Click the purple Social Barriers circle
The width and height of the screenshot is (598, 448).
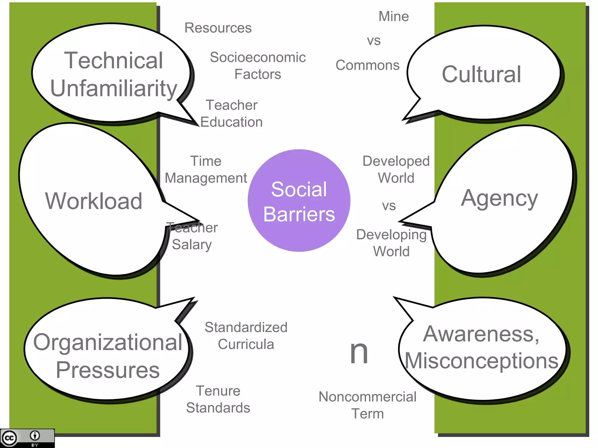tap(299, 201)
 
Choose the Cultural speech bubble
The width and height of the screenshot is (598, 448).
tap(482, 74)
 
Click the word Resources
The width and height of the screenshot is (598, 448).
tap(218, 28)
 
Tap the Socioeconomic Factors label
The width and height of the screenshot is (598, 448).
tap(258, 66)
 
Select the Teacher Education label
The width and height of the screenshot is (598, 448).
tap(232, 113)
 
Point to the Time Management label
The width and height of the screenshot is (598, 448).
tap(206, 169)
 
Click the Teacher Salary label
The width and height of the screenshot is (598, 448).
tap(192, 236)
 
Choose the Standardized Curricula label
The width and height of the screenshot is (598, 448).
tap(246, 336)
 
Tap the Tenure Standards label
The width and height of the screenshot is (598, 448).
tap(218, 399)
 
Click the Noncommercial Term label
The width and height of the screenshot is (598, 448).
tap(367, 405)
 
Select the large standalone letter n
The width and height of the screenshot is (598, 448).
tap(359, 353)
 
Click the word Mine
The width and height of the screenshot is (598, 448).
tap(394, 17)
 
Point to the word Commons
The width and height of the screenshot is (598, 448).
tap(367, 65)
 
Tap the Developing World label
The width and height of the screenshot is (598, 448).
tap(391, 243)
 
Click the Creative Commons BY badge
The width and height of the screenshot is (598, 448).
tap(27, 438)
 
